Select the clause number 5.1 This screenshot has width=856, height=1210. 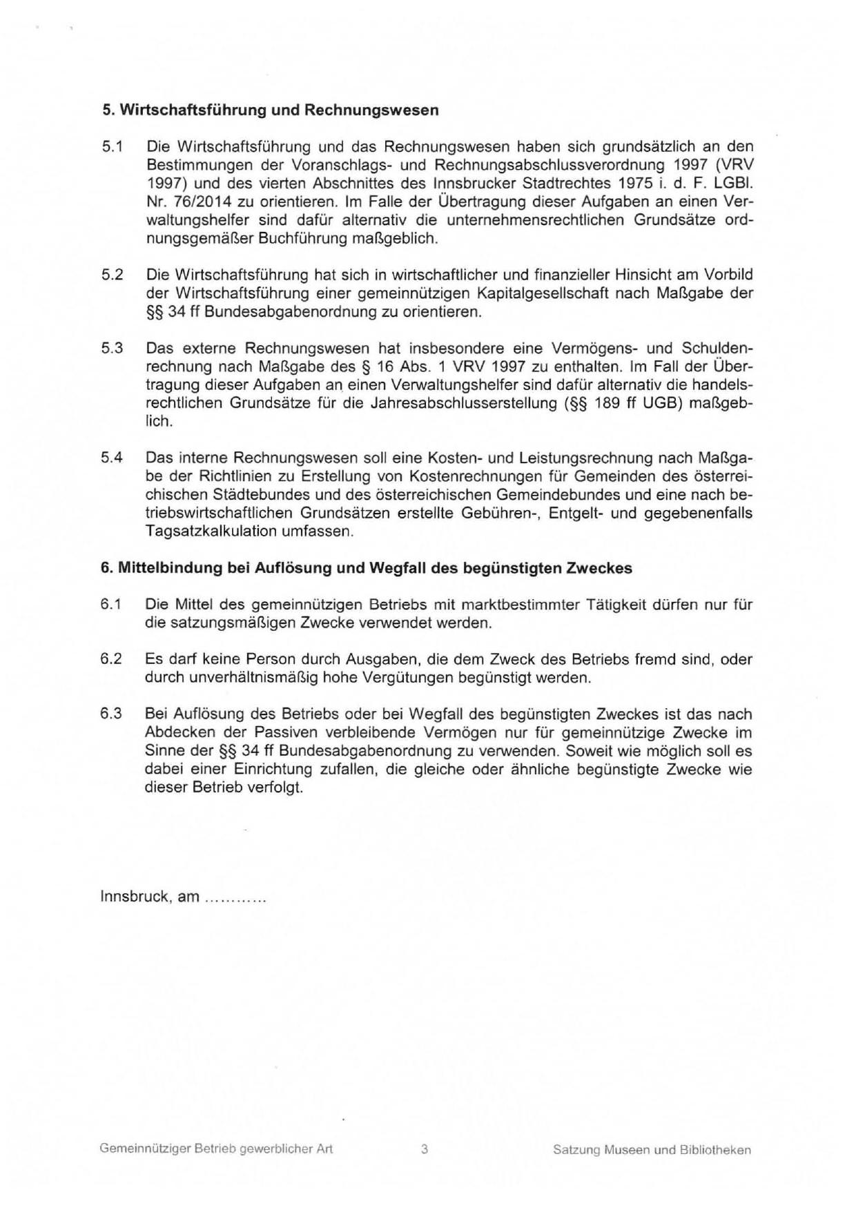point(112,147)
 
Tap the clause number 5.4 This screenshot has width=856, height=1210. point(112,458)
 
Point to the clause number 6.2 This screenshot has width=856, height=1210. point(111,659)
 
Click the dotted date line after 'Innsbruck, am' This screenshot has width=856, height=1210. point(235,897)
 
